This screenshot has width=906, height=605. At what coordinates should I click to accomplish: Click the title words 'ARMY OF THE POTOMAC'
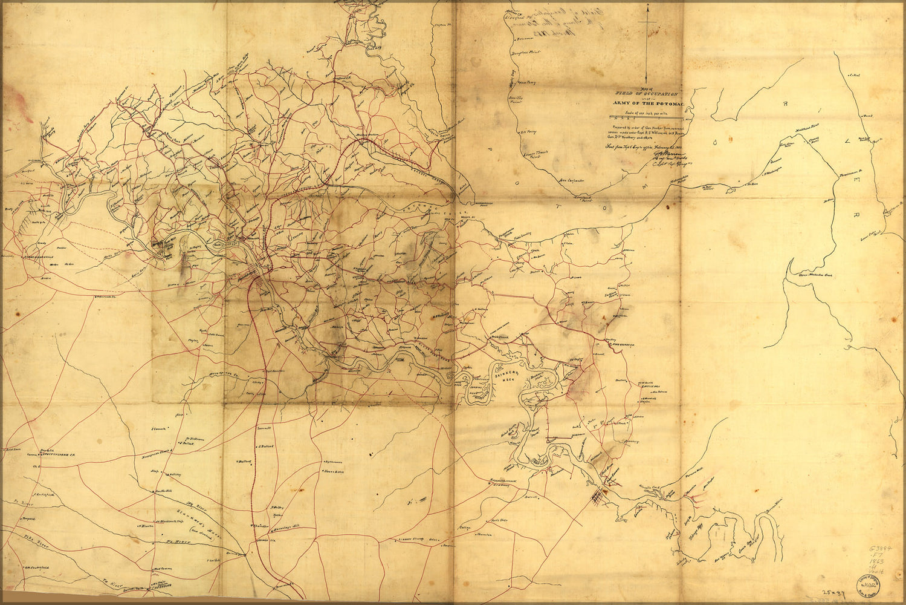tap(645, 103)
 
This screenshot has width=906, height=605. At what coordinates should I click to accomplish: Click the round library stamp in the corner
tap(868, 586)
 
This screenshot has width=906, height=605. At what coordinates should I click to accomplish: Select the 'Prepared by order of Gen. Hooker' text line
tap(647, 129)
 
